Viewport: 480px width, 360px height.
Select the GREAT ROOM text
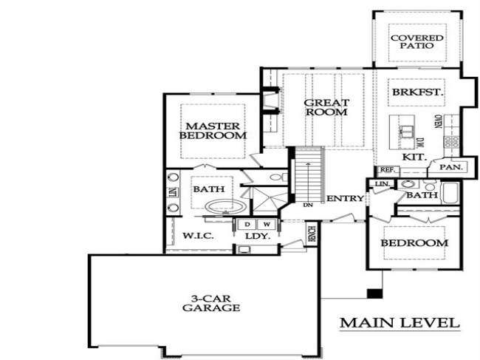[x=326, y=107]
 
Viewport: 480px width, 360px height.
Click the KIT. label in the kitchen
[x=412, y=157]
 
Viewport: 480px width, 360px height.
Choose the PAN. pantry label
[x=450, y=168]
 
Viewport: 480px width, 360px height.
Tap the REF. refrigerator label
[x=386, y=170]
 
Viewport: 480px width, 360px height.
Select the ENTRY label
[x=345, y=198]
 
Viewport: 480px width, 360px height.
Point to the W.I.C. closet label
[x=197, y=236]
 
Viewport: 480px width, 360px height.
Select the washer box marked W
[x=265, y=223]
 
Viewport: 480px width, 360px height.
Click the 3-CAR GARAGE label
[x=212, y=303]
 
